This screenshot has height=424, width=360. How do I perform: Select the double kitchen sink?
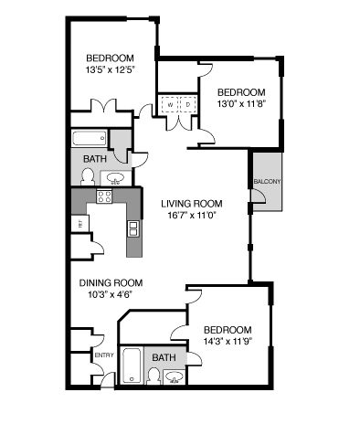[133, 227]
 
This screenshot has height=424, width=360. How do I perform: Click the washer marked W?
[169, 105]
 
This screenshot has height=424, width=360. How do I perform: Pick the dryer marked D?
[187, 105]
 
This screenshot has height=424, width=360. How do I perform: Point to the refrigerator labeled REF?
[80, 222]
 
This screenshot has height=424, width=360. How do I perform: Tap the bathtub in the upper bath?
[90, 140]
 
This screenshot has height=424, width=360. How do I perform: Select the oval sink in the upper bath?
[116, 177]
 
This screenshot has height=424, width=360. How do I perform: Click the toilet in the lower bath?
[153, 376]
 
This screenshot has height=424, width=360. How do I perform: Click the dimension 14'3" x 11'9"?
[228, 343]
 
